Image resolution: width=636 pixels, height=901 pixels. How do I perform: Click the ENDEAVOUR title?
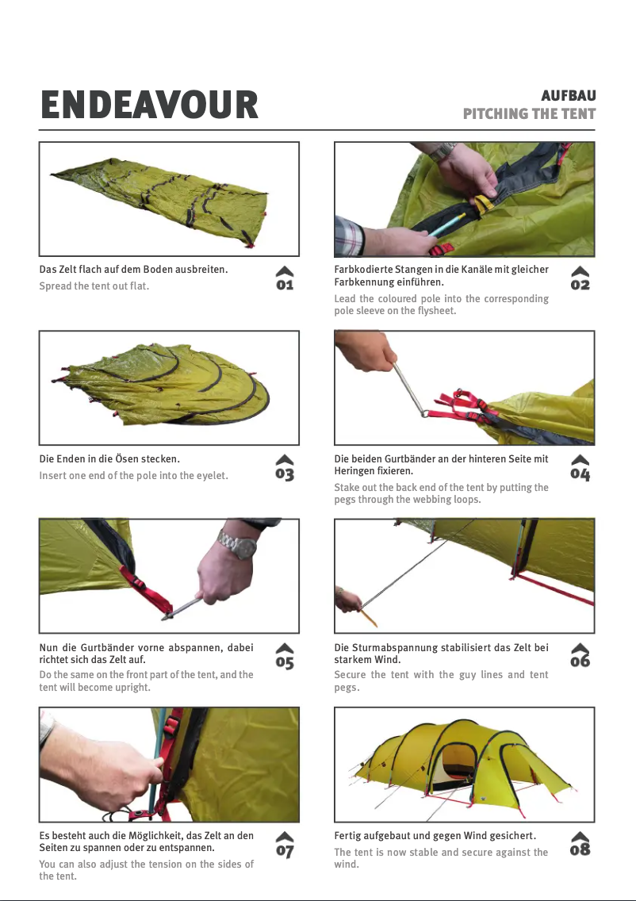149,105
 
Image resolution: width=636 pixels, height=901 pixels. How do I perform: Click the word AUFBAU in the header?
569,95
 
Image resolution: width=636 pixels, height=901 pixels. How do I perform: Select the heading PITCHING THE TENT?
529,113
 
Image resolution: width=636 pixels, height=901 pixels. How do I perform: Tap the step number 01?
285,285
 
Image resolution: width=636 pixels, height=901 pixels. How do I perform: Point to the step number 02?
580,285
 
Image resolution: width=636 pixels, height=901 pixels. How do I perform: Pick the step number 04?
580,474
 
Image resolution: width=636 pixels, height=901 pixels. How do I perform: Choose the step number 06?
580,661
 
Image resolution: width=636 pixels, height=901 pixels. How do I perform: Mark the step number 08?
580,849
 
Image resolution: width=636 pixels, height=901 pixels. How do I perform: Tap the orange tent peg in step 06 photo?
368,618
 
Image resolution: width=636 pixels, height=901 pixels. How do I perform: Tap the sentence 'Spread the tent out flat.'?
94,286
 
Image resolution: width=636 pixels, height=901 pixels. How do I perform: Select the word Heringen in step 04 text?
354,471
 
